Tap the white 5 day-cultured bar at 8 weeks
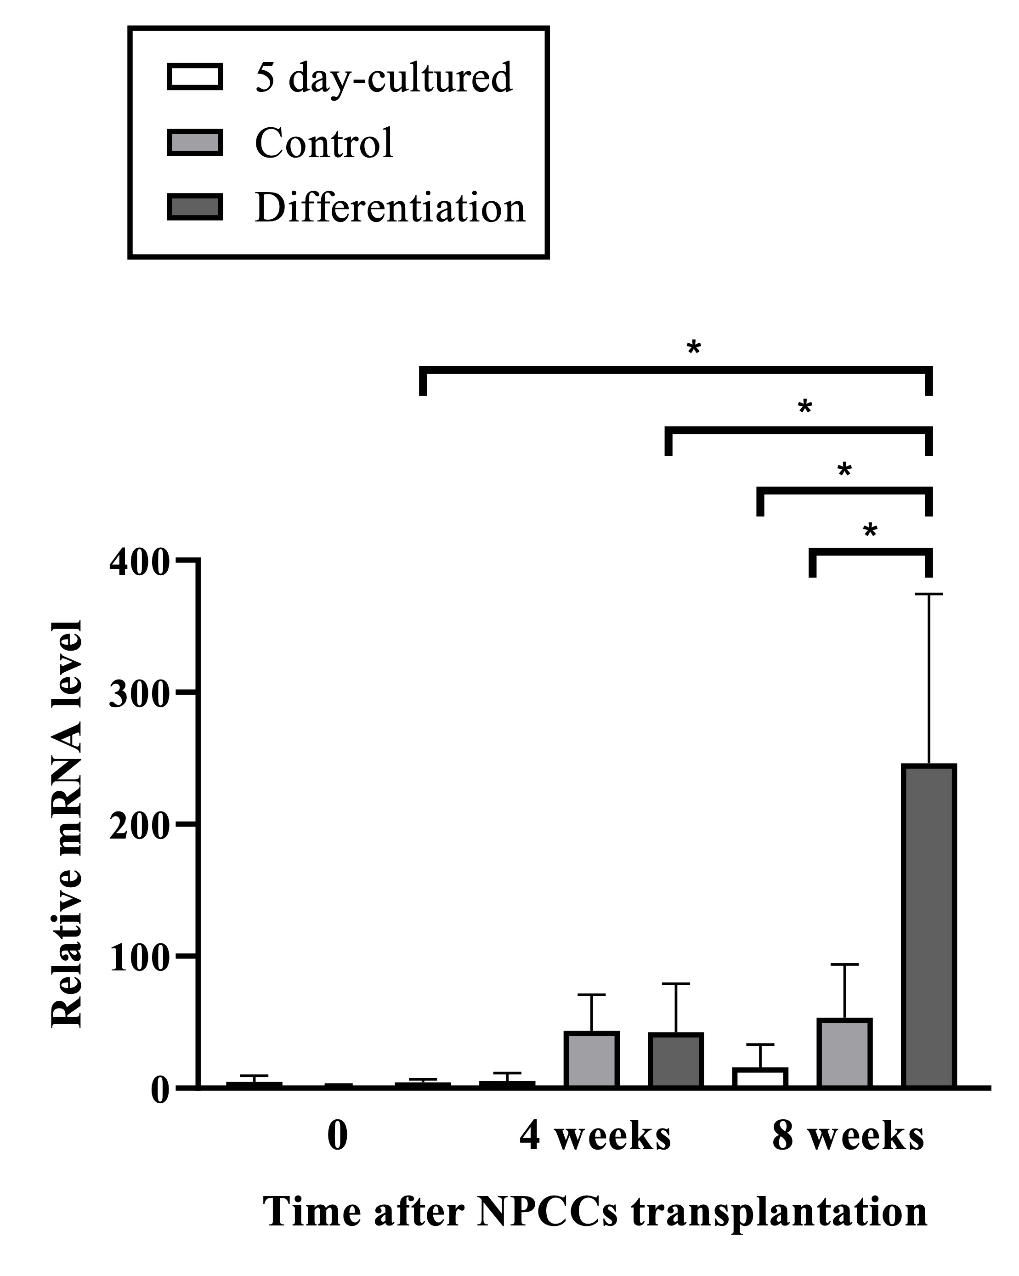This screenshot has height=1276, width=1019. point(760,1078)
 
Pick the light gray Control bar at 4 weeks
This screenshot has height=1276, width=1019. point(591,1060)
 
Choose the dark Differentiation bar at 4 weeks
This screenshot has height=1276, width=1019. point(675,1060)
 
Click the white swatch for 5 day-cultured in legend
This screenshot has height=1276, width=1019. point(195,76)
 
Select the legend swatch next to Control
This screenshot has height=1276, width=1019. point(195,142)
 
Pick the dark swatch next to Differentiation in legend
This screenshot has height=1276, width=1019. point(195,207)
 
